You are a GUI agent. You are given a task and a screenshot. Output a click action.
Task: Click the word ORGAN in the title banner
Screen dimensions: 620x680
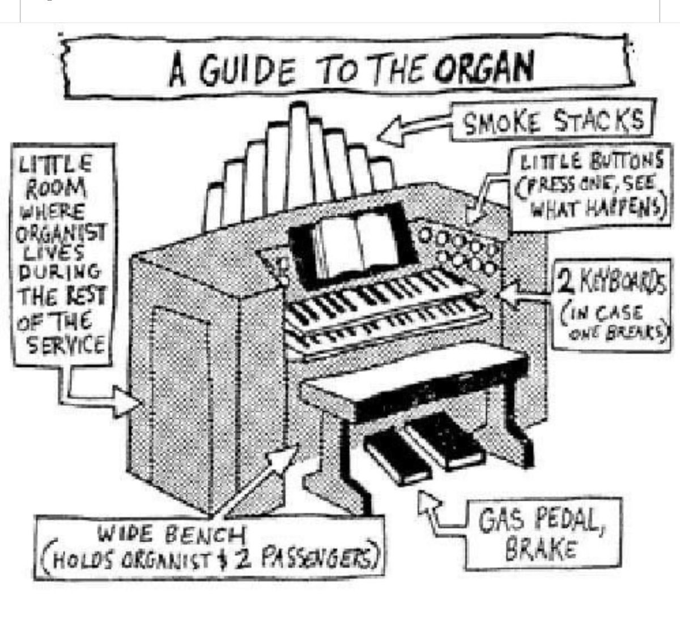(485, 69)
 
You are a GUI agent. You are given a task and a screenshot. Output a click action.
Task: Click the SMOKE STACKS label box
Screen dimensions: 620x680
(554, 121)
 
